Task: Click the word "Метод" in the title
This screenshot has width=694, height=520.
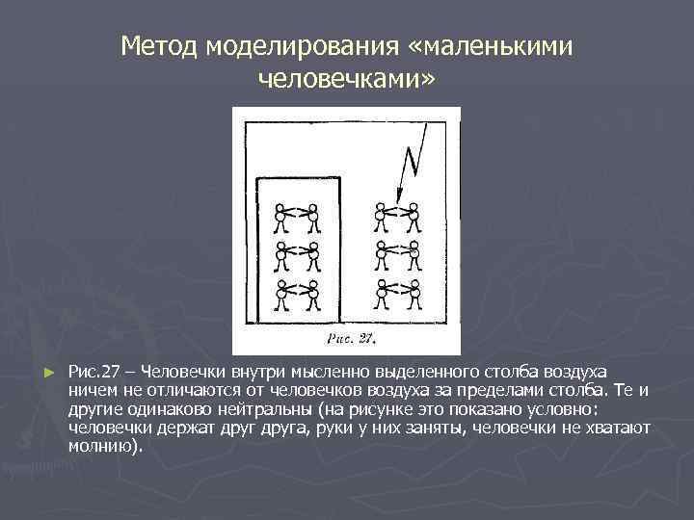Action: coord(159,45)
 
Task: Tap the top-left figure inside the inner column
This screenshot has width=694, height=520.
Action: coord(280,218)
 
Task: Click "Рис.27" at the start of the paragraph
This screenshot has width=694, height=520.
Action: coord(94,372)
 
